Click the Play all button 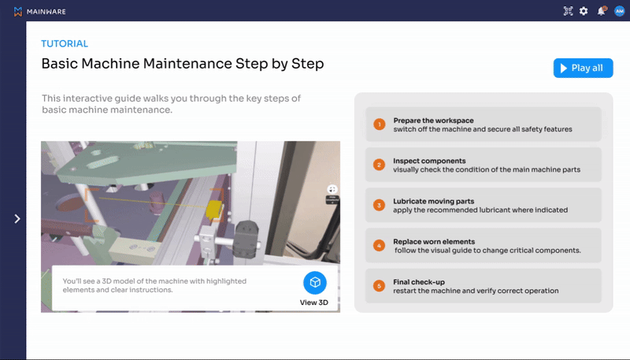583,68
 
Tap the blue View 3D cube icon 315,283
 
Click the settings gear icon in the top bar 584,11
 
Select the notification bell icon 602,11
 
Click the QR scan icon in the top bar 568,11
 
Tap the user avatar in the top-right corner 619,11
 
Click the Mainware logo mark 17,12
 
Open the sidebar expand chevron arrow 17,218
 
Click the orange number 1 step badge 379,124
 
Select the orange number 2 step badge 379,165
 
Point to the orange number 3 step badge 379,206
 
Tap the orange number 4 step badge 379,246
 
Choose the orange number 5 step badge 379,286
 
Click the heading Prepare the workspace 434,121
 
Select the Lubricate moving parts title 434,202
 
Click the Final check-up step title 419,282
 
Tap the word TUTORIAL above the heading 65,43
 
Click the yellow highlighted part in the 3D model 213,209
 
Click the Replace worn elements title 434,242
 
